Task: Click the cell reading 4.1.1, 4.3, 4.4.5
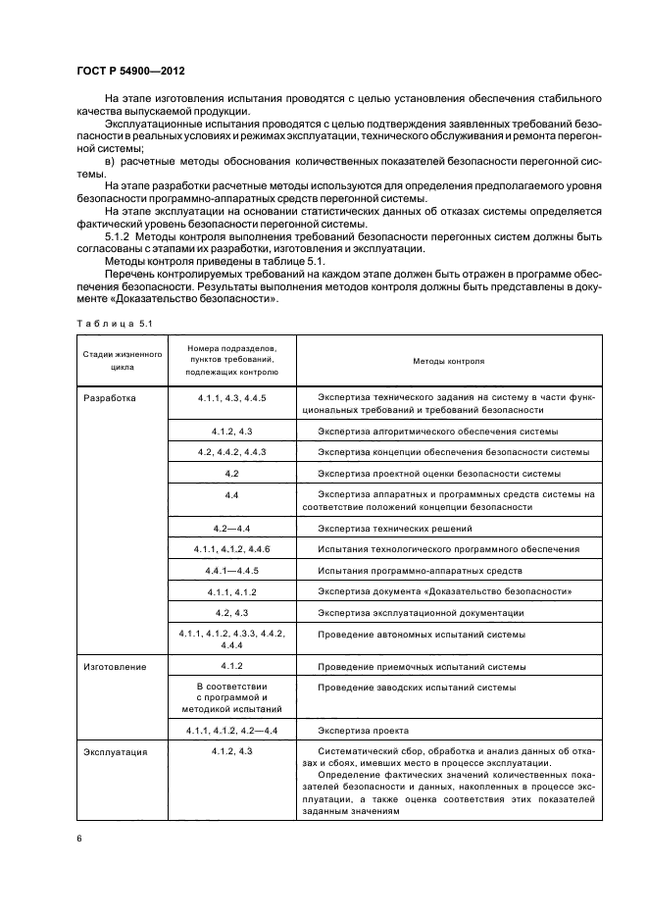tap(231, 398)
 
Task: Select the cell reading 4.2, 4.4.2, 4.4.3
tap(231, 451)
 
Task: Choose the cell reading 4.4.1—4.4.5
tap(231, 570)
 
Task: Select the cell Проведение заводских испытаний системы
tap(417, 688)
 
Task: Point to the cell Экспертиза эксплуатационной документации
tap(421, 613)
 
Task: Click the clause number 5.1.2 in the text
tap(119, 235)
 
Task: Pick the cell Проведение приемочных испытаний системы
tap(422, 666)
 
